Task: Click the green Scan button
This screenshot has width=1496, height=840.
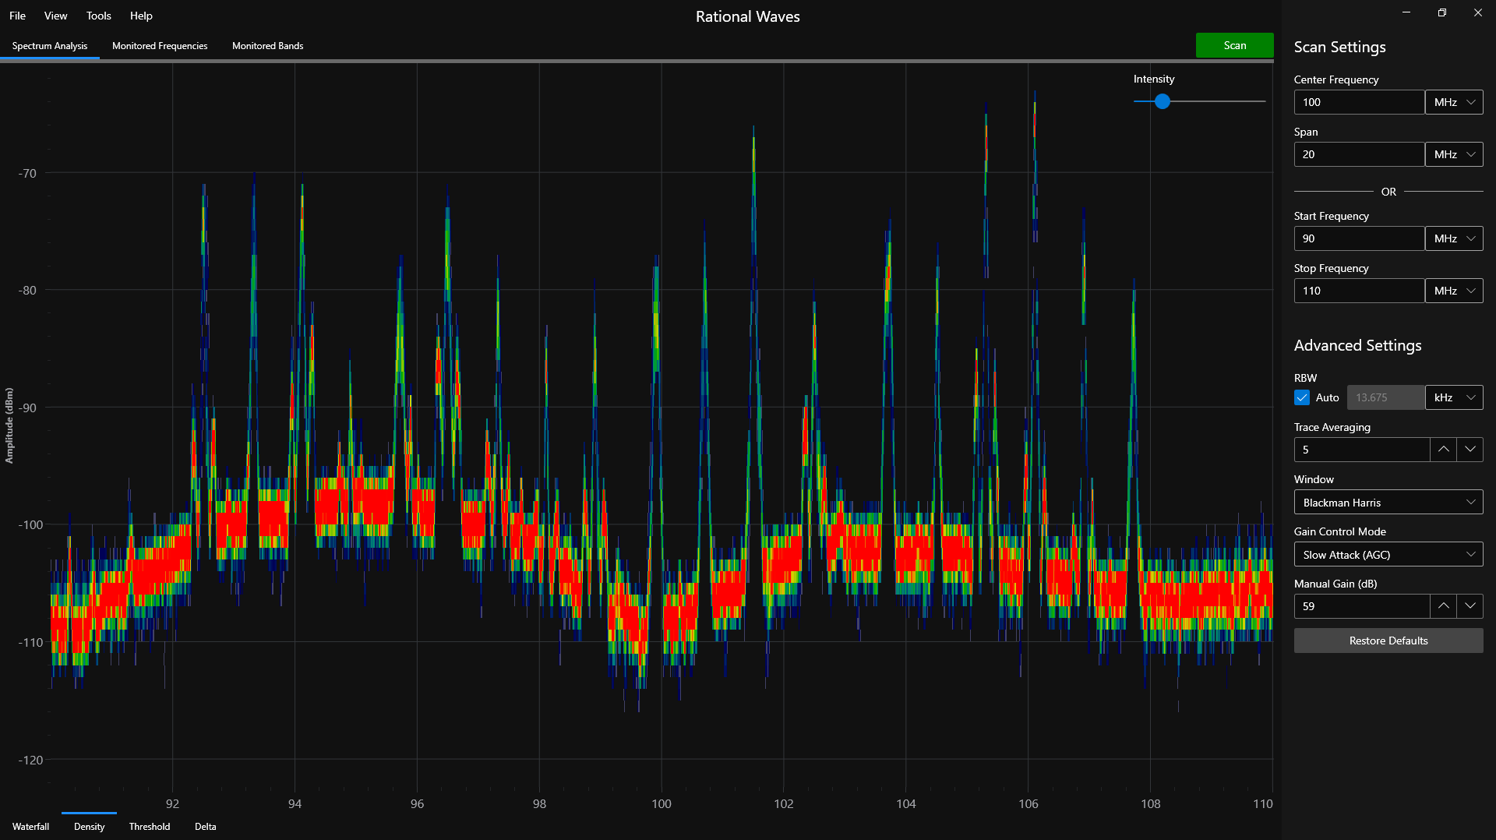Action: point(1234,45)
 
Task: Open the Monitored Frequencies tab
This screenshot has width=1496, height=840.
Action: point(160,46)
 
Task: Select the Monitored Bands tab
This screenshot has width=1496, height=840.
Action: point(267,46)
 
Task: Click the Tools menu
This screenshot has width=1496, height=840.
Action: point(98,16)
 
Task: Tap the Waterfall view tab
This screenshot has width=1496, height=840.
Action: point(30,827)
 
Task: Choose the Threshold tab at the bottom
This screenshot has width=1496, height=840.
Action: point(149,827)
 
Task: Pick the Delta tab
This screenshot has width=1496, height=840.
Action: point(205,827)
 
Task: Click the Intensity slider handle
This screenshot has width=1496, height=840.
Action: point(1163,101)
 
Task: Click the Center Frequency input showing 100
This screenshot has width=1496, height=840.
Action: point(1358,102)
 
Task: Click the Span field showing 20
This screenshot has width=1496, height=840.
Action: point(1358,154)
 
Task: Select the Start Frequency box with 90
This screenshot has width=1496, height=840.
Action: point(1358,238)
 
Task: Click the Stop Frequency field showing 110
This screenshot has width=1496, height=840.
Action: point(1358,291)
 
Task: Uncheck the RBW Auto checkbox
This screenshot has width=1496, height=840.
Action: point(1302,397)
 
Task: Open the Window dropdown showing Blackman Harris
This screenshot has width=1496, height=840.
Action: point(1388,503)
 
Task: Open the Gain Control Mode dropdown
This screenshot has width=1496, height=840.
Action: point(1388,555)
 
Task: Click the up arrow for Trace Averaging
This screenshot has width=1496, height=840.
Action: point(1443,450)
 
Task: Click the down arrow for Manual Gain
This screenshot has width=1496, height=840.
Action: point(1470,606)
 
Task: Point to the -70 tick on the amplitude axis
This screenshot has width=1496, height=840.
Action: point(28,173)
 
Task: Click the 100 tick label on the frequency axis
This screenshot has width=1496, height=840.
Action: point(661,804)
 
